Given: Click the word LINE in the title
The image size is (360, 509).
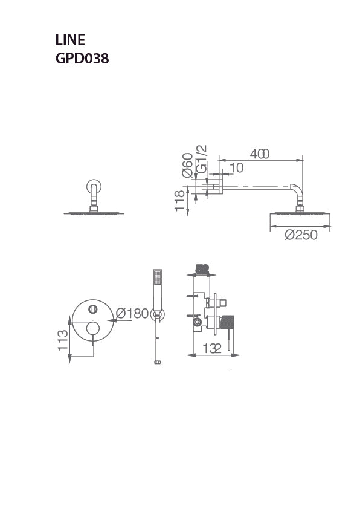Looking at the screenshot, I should (x=70, y=41).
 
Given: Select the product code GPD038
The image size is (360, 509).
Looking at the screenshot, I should (x=82, y=59).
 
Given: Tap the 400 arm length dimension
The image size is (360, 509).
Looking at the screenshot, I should (x=260, y=154).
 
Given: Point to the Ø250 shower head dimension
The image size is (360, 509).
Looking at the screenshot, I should (x=300, y=235).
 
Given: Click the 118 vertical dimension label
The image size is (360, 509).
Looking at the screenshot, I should (x=179, y=200).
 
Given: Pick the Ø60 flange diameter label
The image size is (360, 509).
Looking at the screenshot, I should (x=188, y=164).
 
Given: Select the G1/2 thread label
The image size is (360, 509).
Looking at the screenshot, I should (x=202, y=158).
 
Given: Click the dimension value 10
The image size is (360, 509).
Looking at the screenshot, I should (x=236, y=167).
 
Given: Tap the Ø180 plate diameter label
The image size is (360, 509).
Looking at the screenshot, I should (x=132, y=313).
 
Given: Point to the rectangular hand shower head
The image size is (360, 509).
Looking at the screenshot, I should (x=157, y=281).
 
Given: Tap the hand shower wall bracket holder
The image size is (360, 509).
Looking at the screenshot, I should (x=157, y=314).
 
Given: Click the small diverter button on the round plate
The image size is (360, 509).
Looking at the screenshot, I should (x=92, y=310).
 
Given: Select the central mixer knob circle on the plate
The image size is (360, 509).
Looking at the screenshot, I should (x=92, y=329).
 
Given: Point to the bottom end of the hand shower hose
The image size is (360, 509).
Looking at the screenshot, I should (x=157, y=362).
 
